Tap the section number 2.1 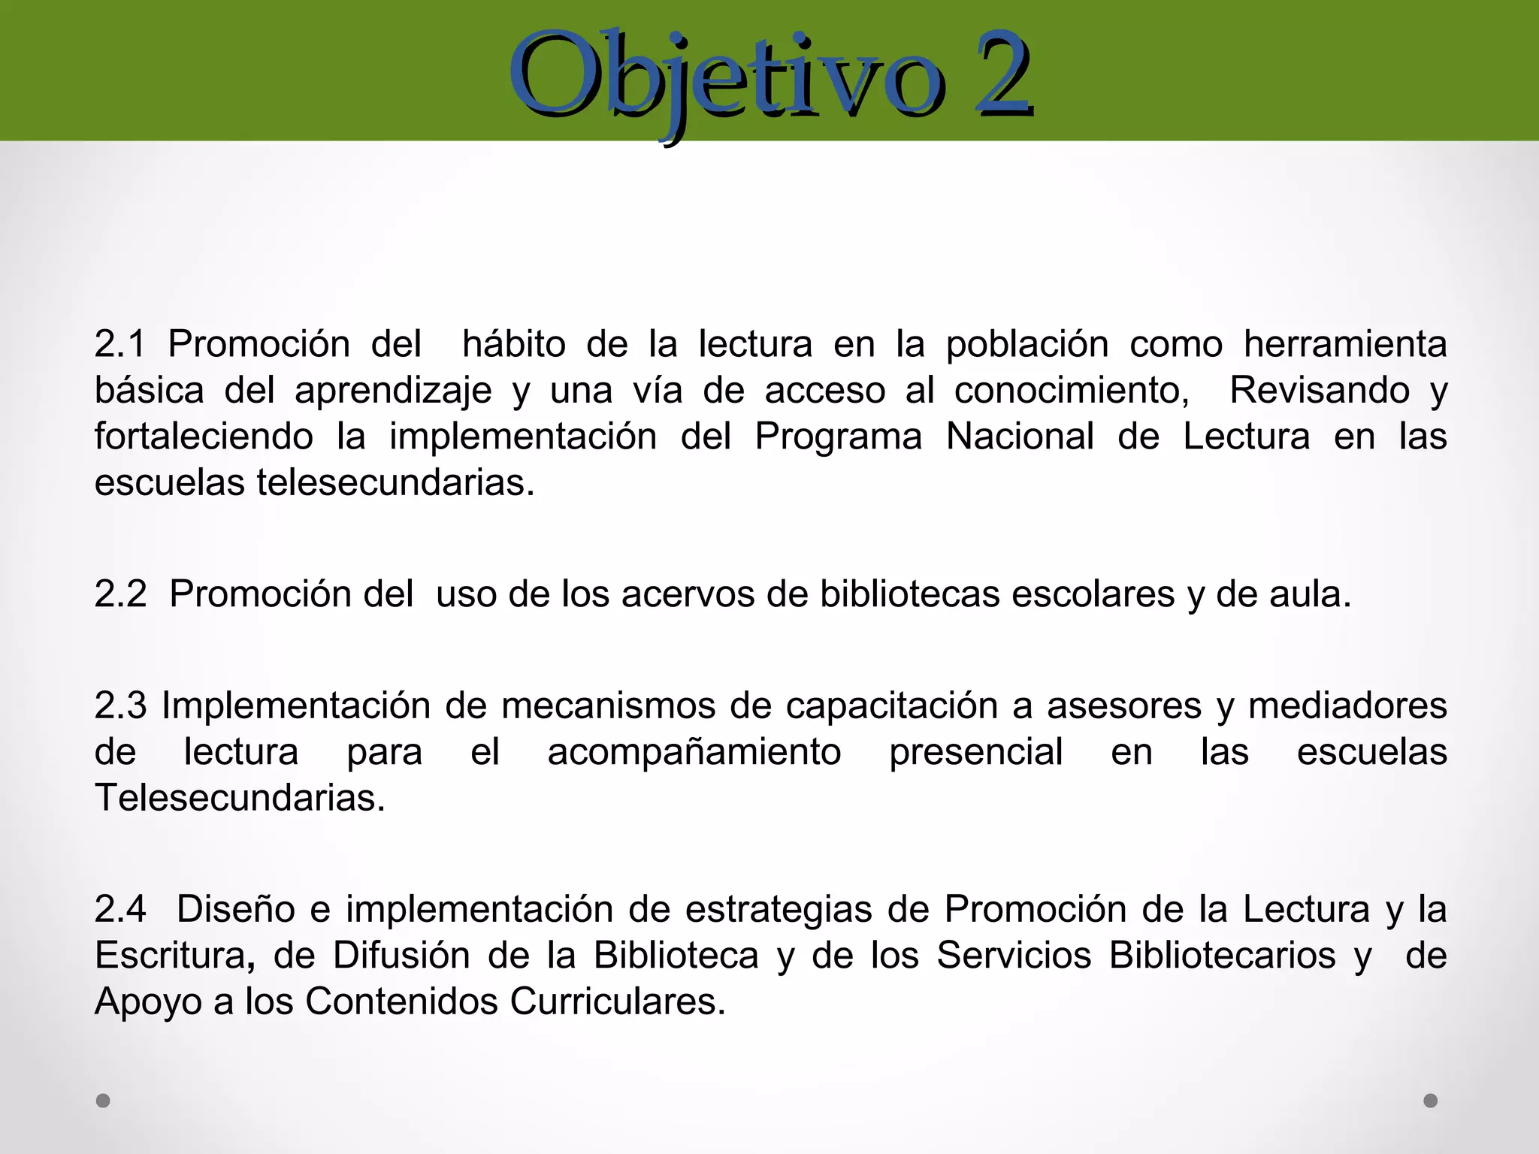119,345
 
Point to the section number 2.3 119,706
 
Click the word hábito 513,345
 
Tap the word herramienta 1344,345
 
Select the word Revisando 1319,391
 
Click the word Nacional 1019,437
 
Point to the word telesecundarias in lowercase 395,483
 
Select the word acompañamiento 694,752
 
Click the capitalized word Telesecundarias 239,798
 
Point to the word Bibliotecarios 1222,956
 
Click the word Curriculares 617,1001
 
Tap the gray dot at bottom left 103,1101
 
